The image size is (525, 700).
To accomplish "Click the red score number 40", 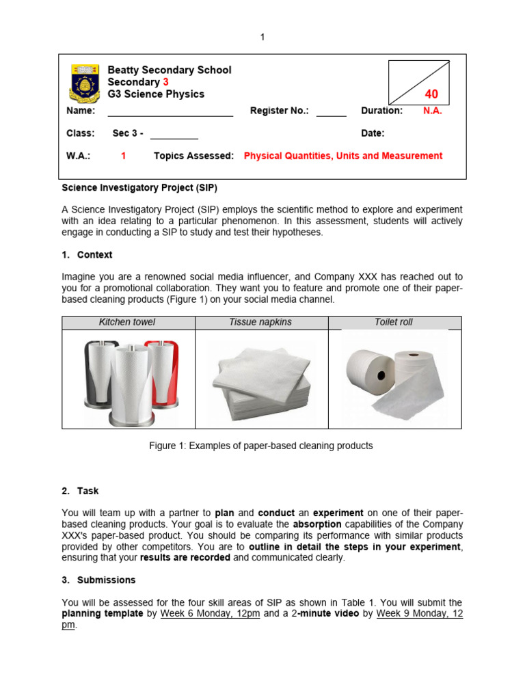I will coord(431,94).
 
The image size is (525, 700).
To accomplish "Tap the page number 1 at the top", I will coord(262,37).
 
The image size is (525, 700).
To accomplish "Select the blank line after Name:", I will coord(170,111).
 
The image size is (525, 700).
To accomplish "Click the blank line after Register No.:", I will coord(331,111).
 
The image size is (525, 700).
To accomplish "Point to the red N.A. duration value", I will coord(432,111).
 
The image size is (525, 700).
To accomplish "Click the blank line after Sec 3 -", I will coord(174,134).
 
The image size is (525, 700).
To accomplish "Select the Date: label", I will coord(373,133).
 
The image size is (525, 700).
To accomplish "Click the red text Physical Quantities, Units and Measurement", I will coord(343,156).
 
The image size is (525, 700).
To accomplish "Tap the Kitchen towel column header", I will coord(128,322).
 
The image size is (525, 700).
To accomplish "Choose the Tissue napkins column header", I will coord(262,322).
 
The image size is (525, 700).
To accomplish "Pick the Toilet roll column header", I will coord(394,322).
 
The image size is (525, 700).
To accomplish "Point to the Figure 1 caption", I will coord(261,446).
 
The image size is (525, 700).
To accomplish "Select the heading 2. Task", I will coord(80,491).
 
